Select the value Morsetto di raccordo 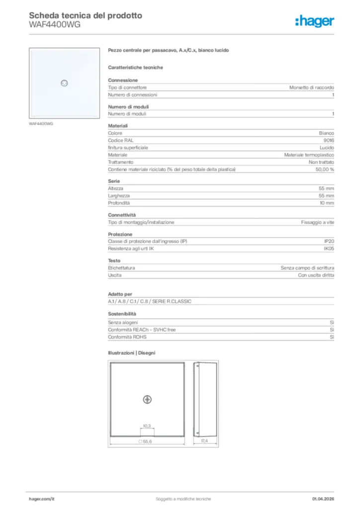click(312, 87)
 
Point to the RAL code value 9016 click(329, 141)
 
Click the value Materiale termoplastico click(309, 155)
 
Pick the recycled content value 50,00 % click(325, 170)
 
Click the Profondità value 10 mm click(326, 203)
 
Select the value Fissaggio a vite click(317, 222)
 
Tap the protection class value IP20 click(329, 241)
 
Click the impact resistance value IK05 click(329, 248)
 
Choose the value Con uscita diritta click(316, 275)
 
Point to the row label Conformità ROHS click(125, 337)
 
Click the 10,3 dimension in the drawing click(147, 426)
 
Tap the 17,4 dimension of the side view click(204, 441)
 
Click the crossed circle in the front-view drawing click(147, 400)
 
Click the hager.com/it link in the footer click(41, 499)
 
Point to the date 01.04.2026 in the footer click(323, 499)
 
